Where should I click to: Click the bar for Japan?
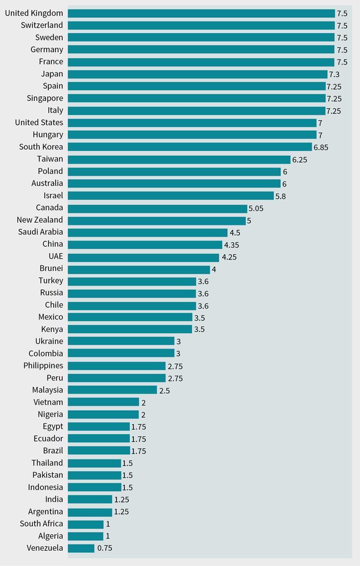click(198, 74)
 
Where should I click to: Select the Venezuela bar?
click(81, 548)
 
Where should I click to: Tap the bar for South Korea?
click(190, 147)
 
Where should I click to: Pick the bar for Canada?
click(158, 208)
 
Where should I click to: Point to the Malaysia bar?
click(113, 390)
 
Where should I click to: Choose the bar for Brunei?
click(139, 269)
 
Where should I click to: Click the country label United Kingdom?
click(34, 13)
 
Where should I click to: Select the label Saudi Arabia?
click(40, 232)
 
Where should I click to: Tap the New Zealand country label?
click(39, 220)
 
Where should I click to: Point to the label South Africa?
click(41, 524)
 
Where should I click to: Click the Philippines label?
click(43, 366)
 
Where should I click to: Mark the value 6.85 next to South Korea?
click(321, 147)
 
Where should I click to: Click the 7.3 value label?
click(335, 74)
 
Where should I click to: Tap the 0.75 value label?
click(104, 548)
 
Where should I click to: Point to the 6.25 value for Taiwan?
click(300, 160)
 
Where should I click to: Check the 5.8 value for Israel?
click(281, 196)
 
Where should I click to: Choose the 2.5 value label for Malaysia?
click(164, 390)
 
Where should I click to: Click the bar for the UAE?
click(143, 257)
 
